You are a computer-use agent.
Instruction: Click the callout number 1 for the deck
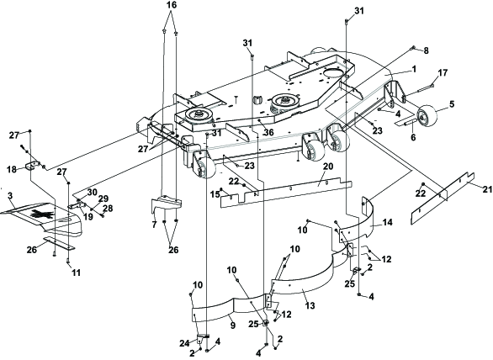(x=414, y=69)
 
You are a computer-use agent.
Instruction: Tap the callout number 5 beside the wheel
(x=452, y=104)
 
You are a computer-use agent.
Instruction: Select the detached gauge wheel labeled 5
(x=427, y=117)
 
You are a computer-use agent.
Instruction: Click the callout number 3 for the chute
(x=10, y=196)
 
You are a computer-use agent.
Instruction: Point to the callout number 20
(x=328, y=167)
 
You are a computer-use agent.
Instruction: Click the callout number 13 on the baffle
(x=310, y=305)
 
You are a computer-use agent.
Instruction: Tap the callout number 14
(x=387, y=223)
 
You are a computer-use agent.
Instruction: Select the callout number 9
(x=232, y=326)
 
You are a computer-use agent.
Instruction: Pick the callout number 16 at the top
(x=172, y=5)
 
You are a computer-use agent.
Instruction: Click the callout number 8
(x=426, y=51)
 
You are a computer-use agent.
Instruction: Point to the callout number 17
(x=443, y=73)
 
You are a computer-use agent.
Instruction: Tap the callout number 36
(x=268, y=133)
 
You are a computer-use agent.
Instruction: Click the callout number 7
(x=154, y=225)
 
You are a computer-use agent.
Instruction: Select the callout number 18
(x=11, y=169)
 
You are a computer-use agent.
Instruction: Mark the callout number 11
(x=76, y=273)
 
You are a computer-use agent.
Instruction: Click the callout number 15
(x=215, y=194)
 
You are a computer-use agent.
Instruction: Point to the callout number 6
(x=413, y=137)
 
